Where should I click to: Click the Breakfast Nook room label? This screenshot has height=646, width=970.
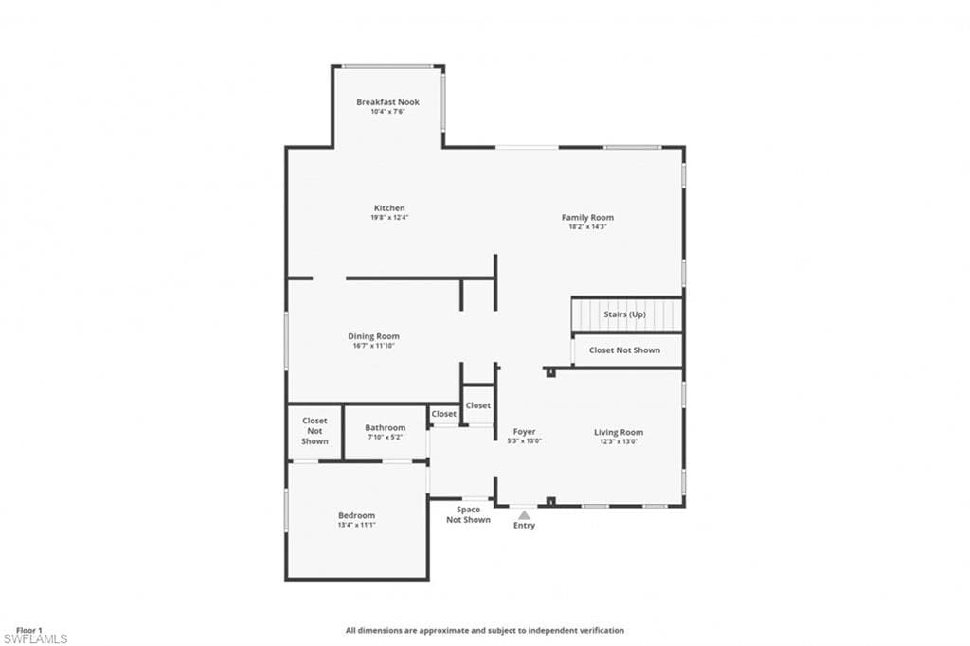tap(387, 102)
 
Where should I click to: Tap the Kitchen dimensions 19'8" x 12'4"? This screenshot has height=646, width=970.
tap(389, 217)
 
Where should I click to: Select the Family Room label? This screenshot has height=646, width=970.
tap(587, 217)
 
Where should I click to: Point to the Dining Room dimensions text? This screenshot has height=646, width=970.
tap(373, 346)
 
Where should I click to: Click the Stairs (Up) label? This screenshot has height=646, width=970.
tap(625, 314)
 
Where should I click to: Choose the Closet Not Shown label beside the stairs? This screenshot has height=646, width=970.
tap(624, 350)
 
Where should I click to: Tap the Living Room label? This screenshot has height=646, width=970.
tap(619, 433)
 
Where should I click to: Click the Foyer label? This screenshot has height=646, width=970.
tap(525, 432)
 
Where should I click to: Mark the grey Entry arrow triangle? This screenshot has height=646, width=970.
tap(524, 515)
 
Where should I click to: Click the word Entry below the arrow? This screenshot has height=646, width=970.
tap(524, 526)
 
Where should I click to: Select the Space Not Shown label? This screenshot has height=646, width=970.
tap(468, 515)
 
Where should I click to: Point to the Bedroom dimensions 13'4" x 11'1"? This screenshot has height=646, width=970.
tap(356, 525)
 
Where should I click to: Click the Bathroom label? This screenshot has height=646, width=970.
tap(386, 427)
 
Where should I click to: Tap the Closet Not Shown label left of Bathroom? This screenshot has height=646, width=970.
tap(314, 431)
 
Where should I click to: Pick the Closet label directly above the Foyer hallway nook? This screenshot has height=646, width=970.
tap(478, 405)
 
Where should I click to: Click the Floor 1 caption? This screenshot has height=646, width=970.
tap(29, 631)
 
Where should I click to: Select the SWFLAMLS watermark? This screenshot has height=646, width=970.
tap(35, 638)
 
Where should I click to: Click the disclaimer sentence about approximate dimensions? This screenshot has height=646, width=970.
tap(484, 631)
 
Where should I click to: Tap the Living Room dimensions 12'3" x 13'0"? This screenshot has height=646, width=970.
tap(619, 441)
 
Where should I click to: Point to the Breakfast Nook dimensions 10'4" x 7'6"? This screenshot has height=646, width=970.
tap(387, 112)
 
